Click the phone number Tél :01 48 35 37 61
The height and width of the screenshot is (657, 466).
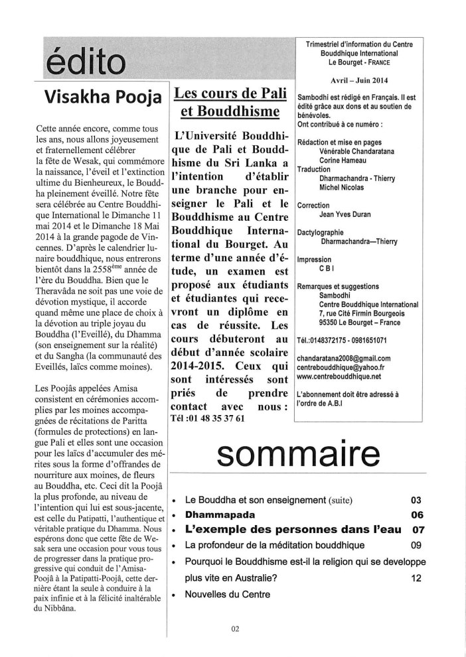208,418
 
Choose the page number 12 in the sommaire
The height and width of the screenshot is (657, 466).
416,577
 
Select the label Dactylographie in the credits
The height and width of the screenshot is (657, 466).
325,233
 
